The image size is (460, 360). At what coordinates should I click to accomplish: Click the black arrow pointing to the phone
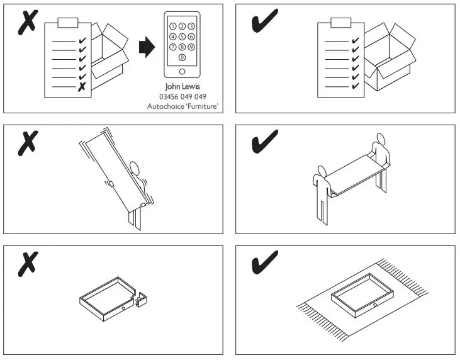(x=145, y=47)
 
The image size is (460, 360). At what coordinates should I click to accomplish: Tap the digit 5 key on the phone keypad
(x=182, y=37)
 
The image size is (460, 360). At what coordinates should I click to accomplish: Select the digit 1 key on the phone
(x=173, y=26)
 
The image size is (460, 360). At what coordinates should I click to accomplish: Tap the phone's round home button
(x=182, y=71)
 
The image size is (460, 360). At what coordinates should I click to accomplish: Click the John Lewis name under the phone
(x=182, y=86)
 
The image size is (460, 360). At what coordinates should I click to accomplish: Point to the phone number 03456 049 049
(x=182, y=96)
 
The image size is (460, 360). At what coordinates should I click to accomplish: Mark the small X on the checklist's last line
(x=81, y=87)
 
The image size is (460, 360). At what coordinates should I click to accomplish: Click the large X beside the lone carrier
(x=27, y=143)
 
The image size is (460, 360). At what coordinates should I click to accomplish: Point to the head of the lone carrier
(x=133, y=167)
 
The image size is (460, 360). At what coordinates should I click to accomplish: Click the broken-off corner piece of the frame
(x=142, y=298)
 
